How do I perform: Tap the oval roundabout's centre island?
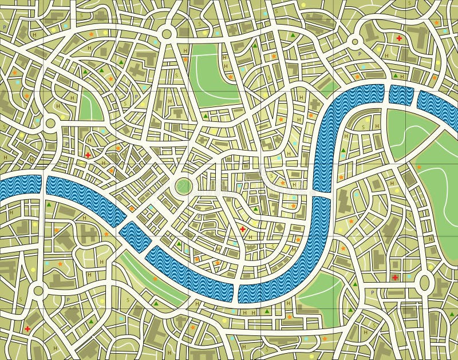pos(425,282)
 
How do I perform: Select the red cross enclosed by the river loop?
pos(242,230)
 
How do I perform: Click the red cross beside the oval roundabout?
pos(395,278)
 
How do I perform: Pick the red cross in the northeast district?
pos(399,38)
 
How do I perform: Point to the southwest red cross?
pos(27,329)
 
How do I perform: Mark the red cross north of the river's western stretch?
pos(88,155)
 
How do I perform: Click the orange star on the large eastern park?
pos(419,167)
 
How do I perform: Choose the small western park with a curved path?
pos(90,106)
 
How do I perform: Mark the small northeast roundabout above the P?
pos(355,41)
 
